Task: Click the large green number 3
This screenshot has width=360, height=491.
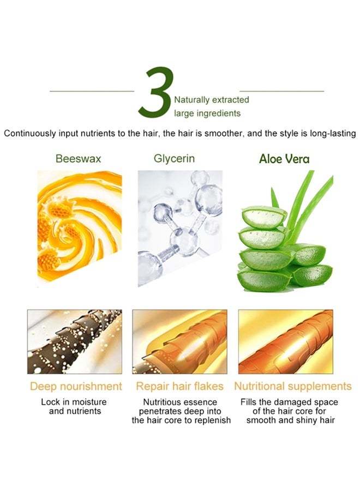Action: click(x=155, y=93)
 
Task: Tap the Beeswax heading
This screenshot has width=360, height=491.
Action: click(x=78, y=158)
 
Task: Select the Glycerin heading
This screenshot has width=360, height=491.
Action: click(x=174, y=159)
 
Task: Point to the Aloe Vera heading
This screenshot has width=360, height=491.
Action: click(x=284, y=159)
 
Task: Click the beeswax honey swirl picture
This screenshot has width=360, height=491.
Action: click(x=80, y=226)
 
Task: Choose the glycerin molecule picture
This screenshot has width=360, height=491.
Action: click(x=180, y=228)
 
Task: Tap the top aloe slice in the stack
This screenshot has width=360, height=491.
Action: click(x=264, y=217)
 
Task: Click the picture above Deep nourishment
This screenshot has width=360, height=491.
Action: click(x=75, y=342)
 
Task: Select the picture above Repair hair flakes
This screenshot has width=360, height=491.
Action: click(x=179, y=342)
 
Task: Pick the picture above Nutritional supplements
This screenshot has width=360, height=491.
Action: click(x=285, y=342)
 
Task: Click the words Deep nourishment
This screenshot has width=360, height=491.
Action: click(x=76, y=386)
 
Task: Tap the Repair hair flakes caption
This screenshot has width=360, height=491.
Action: click(x=179, y=386)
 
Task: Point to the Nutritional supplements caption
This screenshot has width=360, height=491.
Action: click(x=293, y=386)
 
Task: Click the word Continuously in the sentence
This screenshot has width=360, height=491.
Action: click(x=30, y=134)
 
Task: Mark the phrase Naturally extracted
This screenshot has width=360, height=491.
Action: click(x=212, y=100)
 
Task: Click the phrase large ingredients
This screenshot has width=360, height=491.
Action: click(x=207, y=113)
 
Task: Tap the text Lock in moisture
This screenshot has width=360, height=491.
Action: click(x=74, y=402)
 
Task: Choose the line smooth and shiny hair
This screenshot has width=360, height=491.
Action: click(x=291, y=420)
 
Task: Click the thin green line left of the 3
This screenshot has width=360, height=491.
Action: click(x=92, y=92)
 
